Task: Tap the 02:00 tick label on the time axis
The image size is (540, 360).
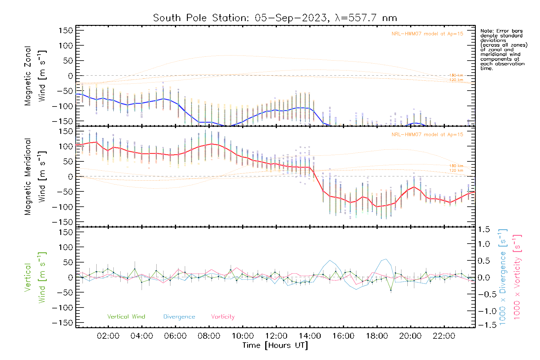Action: (108, 336)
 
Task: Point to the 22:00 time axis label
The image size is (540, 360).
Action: (444, 336)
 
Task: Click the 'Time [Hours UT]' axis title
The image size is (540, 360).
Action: (275, 345)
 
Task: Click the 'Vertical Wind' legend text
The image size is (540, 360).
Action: (126, 317)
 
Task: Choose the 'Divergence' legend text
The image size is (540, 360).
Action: (179, 317)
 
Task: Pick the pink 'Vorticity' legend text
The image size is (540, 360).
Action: (223, 317)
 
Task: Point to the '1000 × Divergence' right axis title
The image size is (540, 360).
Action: (503, 277)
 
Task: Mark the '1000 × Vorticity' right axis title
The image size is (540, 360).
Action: (517, 277)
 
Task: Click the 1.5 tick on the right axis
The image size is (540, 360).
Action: (484, 229)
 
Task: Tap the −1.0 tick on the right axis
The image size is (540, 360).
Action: (484, 311)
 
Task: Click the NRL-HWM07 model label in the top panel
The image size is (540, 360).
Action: (427, 34)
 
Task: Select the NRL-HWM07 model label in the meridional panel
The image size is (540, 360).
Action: (427, 135)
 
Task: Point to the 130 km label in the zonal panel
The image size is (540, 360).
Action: (456, 75)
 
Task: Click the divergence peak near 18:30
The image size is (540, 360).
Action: (385, 259)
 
